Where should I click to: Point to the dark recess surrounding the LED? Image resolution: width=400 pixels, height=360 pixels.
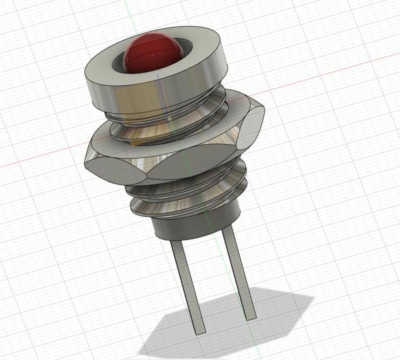click(118, 62)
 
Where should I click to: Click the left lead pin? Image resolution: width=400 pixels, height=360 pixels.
click(187, 285)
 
